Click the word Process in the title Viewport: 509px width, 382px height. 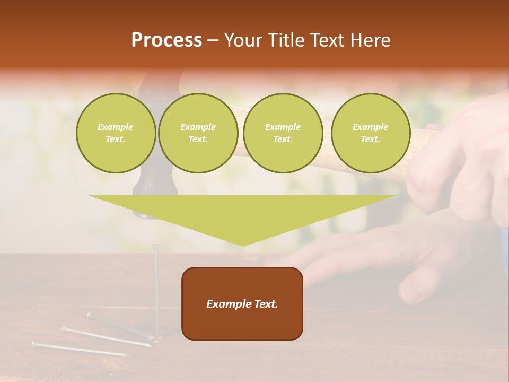(166, 40)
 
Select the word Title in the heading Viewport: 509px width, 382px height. (286, 40)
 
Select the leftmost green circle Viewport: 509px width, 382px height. (116, 133)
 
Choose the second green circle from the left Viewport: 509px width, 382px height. (198, 133)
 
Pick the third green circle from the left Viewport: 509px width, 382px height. (283, 133)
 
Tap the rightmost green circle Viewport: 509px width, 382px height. (370, 133)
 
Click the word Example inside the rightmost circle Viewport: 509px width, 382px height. (370, 127)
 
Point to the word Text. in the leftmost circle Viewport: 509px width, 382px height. (116, 140)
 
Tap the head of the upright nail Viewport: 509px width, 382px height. (156, 246)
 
